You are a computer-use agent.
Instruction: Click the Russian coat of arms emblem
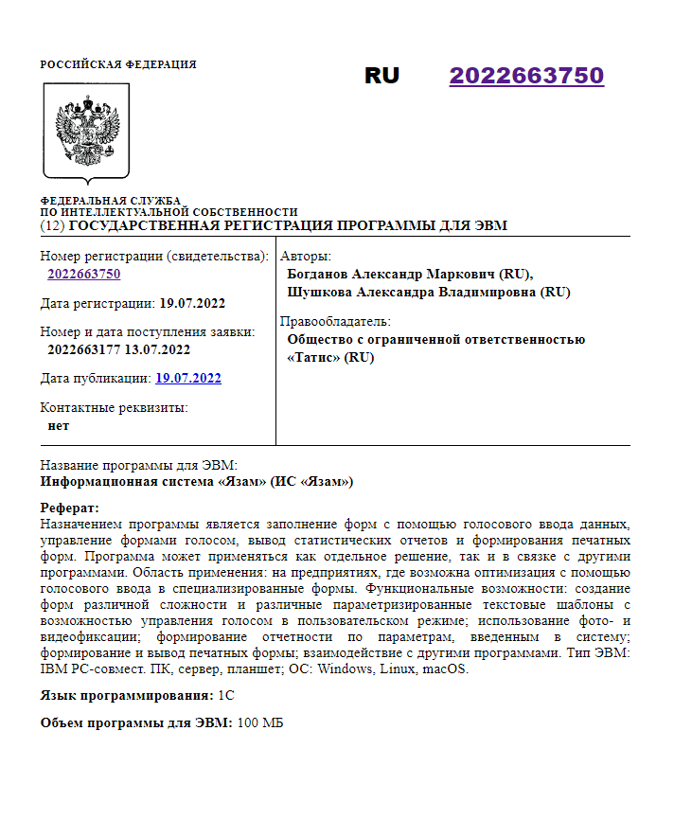coord(86,132)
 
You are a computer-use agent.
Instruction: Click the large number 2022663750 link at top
coord(526,76)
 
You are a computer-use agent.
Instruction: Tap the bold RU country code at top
coord(381,76)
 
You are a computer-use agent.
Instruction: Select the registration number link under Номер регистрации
coord(84,274)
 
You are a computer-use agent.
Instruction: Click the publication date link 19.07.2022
coord(188,378)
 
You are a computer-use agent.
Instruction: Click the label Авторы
coord(305,256)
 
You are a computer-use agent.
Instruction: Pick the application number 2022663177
coord(85,349)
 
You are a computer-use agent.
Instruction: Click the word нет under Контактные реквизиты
coord(58,425)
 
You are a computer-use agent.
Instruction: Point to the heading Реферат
coord(70,508)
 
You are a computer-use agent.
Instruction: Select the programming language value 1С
coord(226,695)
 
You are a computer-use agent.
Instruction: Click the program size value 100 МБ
coord(260,723)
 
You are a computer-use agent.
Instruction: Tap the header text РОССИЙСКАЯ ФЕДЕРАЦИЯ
coord(118,64)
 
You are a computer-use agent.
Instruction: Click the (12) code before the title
coord(53,225)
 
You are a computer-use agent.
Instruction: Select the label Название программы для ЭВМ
coord(138,465)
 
